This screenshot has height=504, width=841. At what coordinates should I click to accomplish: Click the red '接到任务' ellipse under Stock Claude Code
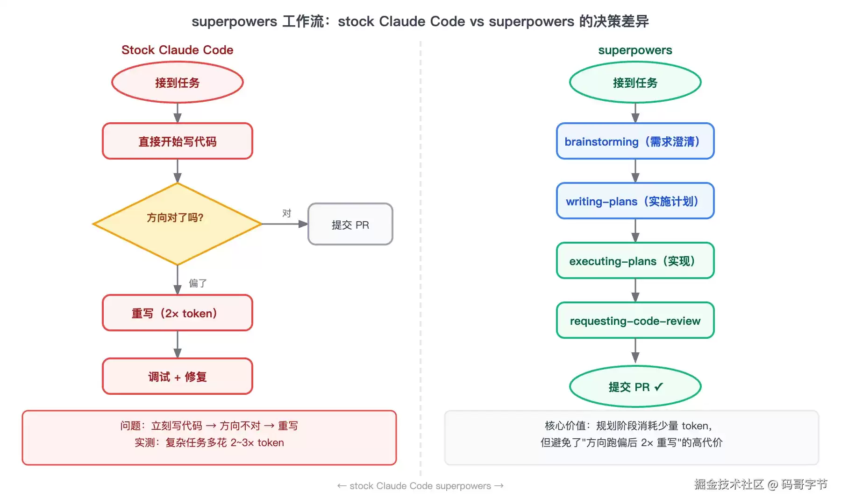178,82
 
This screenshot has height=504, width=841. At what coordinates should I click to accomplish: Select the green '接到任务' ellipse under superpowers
635,82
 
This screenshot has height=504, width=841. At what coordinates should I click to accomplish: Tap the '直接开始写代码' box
178,141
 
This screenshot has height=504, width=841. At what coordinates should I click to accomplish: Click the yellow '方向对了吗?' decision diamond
178,224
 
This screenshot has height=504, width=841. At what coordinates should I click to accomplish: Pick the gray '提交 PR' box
350,224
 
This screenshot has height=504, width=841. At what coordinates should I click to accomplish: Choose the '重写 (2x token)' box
178,313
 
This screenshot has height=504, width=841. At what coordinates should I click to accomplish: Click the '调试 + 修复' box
178,376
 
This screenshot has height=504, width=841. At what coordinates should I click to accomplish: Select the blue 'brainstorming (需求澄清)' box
635,141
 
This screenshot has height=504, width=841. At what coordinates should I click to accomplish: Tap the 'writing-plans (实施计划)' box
635,201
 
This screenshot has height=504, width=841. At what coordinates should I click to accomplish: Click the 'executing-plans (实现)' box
635,260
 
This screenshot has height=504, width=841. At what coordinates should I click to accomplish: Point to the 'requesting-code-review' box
635,320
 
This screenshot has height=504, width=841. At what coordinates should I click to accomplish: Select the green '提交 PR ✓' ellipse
635,386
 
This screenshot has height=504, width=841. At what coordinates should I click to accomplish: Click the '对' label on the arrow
287,213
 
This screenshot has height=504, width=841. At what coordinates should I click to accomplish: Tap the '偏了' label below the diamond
198,283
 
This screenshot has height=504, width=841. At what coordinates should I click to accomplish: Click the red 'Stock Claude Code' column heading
178,50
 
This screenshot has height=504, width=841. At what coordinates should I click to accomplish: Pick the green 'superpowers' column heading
635,50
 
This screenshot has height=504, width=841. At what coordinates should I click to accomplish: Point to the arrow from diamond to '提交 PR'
285,224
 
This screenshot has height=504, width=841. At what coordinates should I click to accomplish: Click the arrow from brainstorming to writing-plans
635,171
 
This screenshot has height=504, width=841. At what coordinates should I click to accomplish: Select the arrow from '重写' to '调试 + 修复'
178,344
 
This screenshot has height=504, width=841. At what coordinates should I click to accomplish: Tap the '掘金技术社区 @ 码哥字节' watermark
761,484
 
